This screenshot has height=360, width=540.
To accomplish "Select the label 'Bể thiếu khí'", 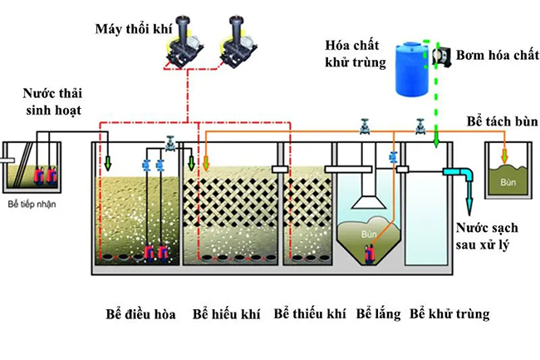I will [x=309, y=314].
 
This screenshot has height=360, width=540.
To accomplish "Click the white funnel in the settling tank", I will [x=367, y=199].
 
